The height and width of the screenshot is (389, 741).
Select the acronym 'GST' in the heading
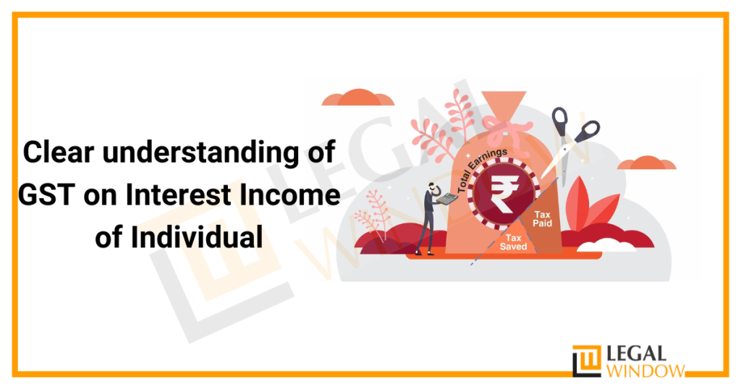point(51,195)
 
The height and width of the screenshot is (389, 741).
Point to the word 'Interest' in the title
point(185,195)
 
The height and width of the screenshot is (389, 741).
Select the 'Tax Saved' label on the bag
point(514,241)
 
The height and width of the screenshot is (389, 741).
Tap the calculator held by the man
point(450,197)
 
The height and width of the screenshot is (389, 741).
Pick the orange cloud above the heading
point(358,98)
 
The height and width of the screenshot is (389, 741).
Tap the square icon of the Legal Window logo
point(586,361)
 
